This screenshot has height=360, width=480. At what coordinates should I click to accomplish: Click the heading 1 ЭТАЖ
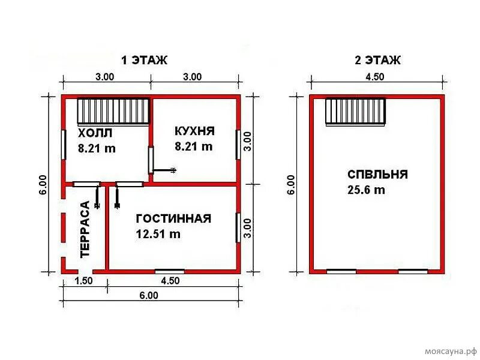point(144,60)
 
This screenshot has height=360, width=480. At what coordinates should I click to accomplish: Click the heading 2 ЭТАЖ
point(377,60)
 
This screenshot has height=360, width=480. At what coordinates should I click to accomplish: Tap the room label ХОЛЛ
point(95,133)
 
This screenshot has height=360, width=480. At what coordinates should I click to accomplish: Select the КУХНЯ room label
point(194,131)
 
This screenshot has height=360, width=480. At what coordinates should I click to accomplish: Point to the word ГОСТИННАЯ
point(173,218)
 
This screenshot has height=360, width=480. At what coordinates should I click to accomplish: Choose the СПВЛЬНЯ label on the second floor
point(377,175)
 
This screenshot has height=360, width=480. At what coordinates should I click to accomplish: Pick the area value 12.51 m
point(158,235)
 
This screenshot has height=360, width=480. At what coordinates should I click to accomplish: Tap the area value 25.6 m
point(366,190)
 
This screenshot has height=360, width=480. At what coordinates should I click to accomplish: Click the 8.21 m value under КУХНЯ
point(193,146)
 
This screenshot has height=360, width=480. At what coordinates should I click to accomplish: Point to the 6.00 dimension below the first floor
point(149,295)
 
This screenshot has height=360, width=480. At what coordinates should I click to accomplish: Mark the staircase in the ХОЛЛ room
point(113,112)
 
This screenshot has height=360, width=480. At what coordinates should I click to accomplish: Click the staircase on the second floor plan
point(355,112)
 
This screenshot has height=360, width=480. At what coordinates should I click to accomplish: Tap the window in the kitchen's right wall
point(239,143)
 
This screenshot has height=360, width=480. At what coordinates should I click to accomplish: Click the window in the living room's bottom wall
point(170,271)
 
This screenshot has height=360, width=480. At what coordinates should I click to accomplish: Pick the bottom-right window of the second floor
point(413,271)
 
